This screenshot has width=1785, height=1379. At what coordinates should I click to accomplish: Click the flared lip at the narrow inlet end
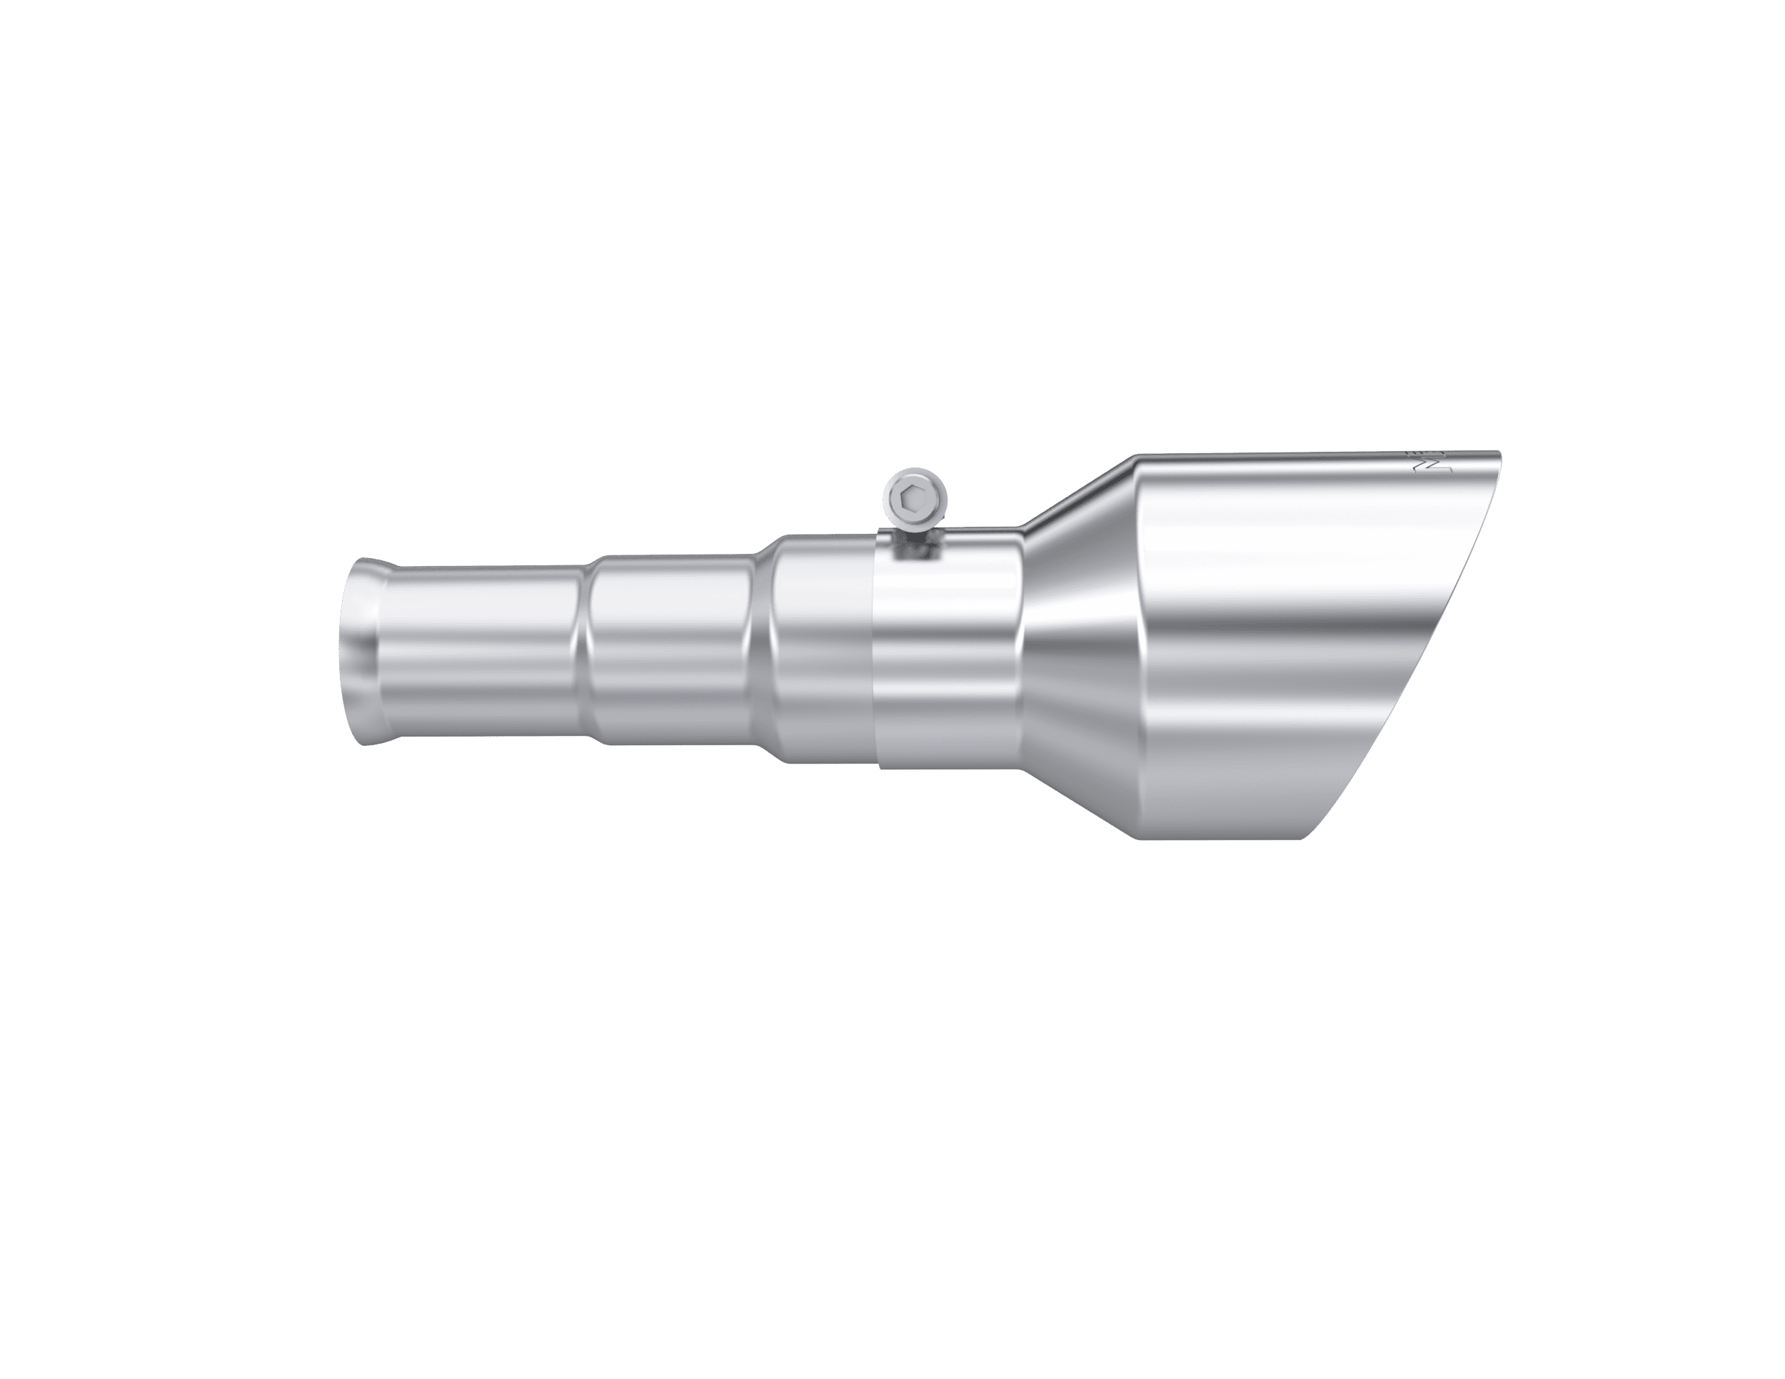coord(360,651)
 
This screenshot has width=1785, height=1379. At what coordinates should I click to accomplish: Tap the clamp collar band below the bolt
coord(948,654)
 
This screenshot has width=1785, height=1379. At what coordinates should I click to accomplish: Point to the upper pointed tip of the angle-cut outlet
coord(1499,453)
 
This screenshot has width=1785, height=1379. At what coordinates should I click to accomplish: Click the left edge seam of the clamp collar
coord(875,654)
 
